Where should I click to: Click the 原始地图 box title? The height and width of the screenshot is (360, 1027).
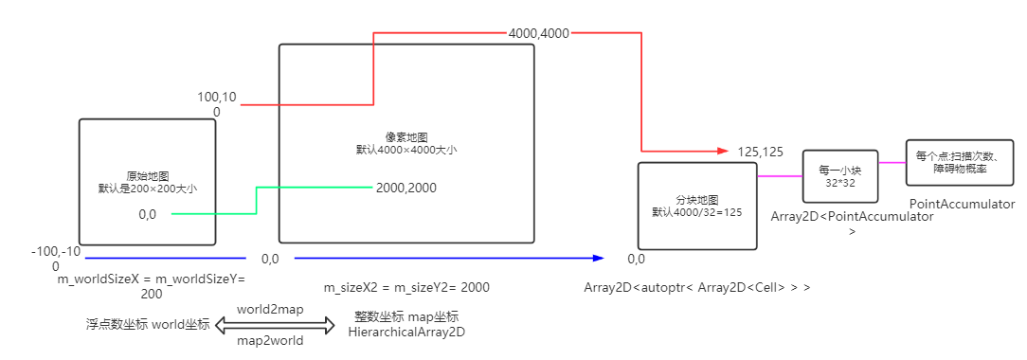pyautogui.click(x=147, y=175)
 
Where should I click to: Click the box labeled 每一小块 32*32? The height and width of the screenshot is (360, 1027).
pyautogui.click(x=835, y=176)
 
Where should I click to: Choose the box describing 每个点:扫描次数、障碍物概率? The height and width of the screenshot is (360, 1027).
pyautogui.click(x=960, y=162)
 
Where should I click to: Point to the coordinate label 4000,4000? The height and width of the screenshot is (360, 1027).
pyautogui.click(x=538, y=32)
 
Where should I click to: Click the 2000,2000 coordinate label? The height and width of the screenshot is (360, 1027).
pyautogui.click(x=405, y=188)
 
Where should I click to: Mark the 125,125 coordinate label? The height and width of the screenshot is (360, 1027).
pyautogui.click(x=760, y=152)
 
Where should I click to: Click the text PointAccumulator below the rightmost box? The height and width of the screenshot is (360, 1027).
pyautogui.click(x=962, y=205)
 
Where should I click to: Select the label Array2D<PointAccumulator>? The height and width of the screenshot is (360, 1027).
pyautogui.click(x=852, y=217)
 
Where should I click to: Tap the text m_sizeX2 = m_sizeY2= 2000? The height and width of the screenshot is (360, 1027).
pyautogui.click(x=406, y=287)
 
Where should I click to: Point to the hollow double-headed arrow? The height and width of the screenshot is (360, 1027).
pyautogui.click(x=276, y=325)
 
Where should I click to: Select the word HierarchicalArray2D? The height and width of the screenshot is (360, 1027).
pyautogui.click(x=406, y=333)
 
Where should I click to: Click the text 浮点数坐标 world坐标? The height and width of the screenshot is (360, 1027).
pyautogui.click(x=147, y=325)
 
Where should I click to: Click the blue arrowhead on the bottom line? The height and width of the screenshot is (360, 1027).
pyautogui.click(x=598, y=258)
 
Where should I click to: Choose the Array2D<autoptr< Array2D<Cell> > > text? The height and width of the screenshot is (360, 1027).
pyautogui.click(x=696, y=287)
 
